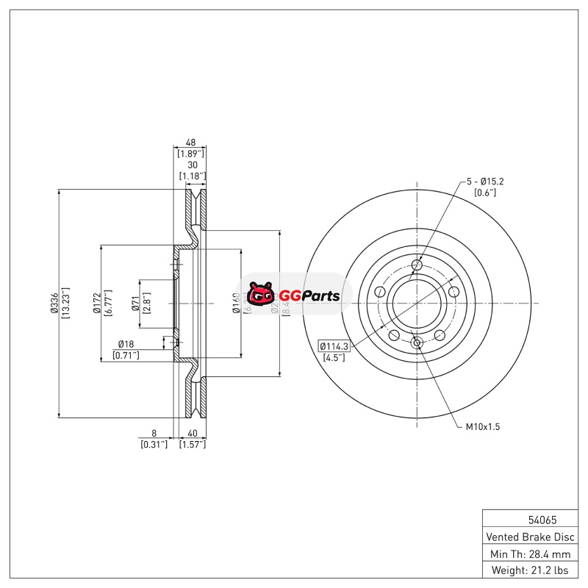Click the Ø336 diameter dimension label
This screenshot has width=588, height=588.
[54, 302]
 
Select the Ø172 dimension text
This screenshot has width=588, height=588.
[96, 302]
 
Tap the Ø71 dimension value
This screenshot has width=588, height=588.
[135, 302]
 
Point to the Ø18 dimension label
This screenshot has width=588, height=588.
[126, 344]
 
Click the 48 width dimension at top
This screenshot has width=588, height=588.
[190, 143]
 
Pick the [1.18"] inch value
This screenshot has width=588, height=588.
[190, 176]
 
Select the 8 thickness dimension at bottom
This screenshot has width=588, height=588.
[154, 434]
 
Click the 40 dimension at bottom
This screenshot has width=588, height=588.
[193, 434]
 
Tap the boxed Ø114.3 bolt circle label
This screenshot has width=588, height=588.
[334, 345]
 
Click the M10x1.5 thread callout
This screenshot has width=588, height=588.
[482, 426]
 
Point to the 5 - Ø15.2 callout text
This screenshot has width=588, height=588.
[485, 181]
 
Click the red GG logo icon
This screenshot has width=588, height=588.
[260, 295]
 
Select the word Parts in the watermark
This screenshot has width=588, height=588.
[320, 296]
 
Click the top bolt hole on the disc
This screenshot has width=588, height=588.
[417, 265]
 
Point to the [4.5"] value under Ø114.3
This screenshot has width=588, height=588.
[334, 358]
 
